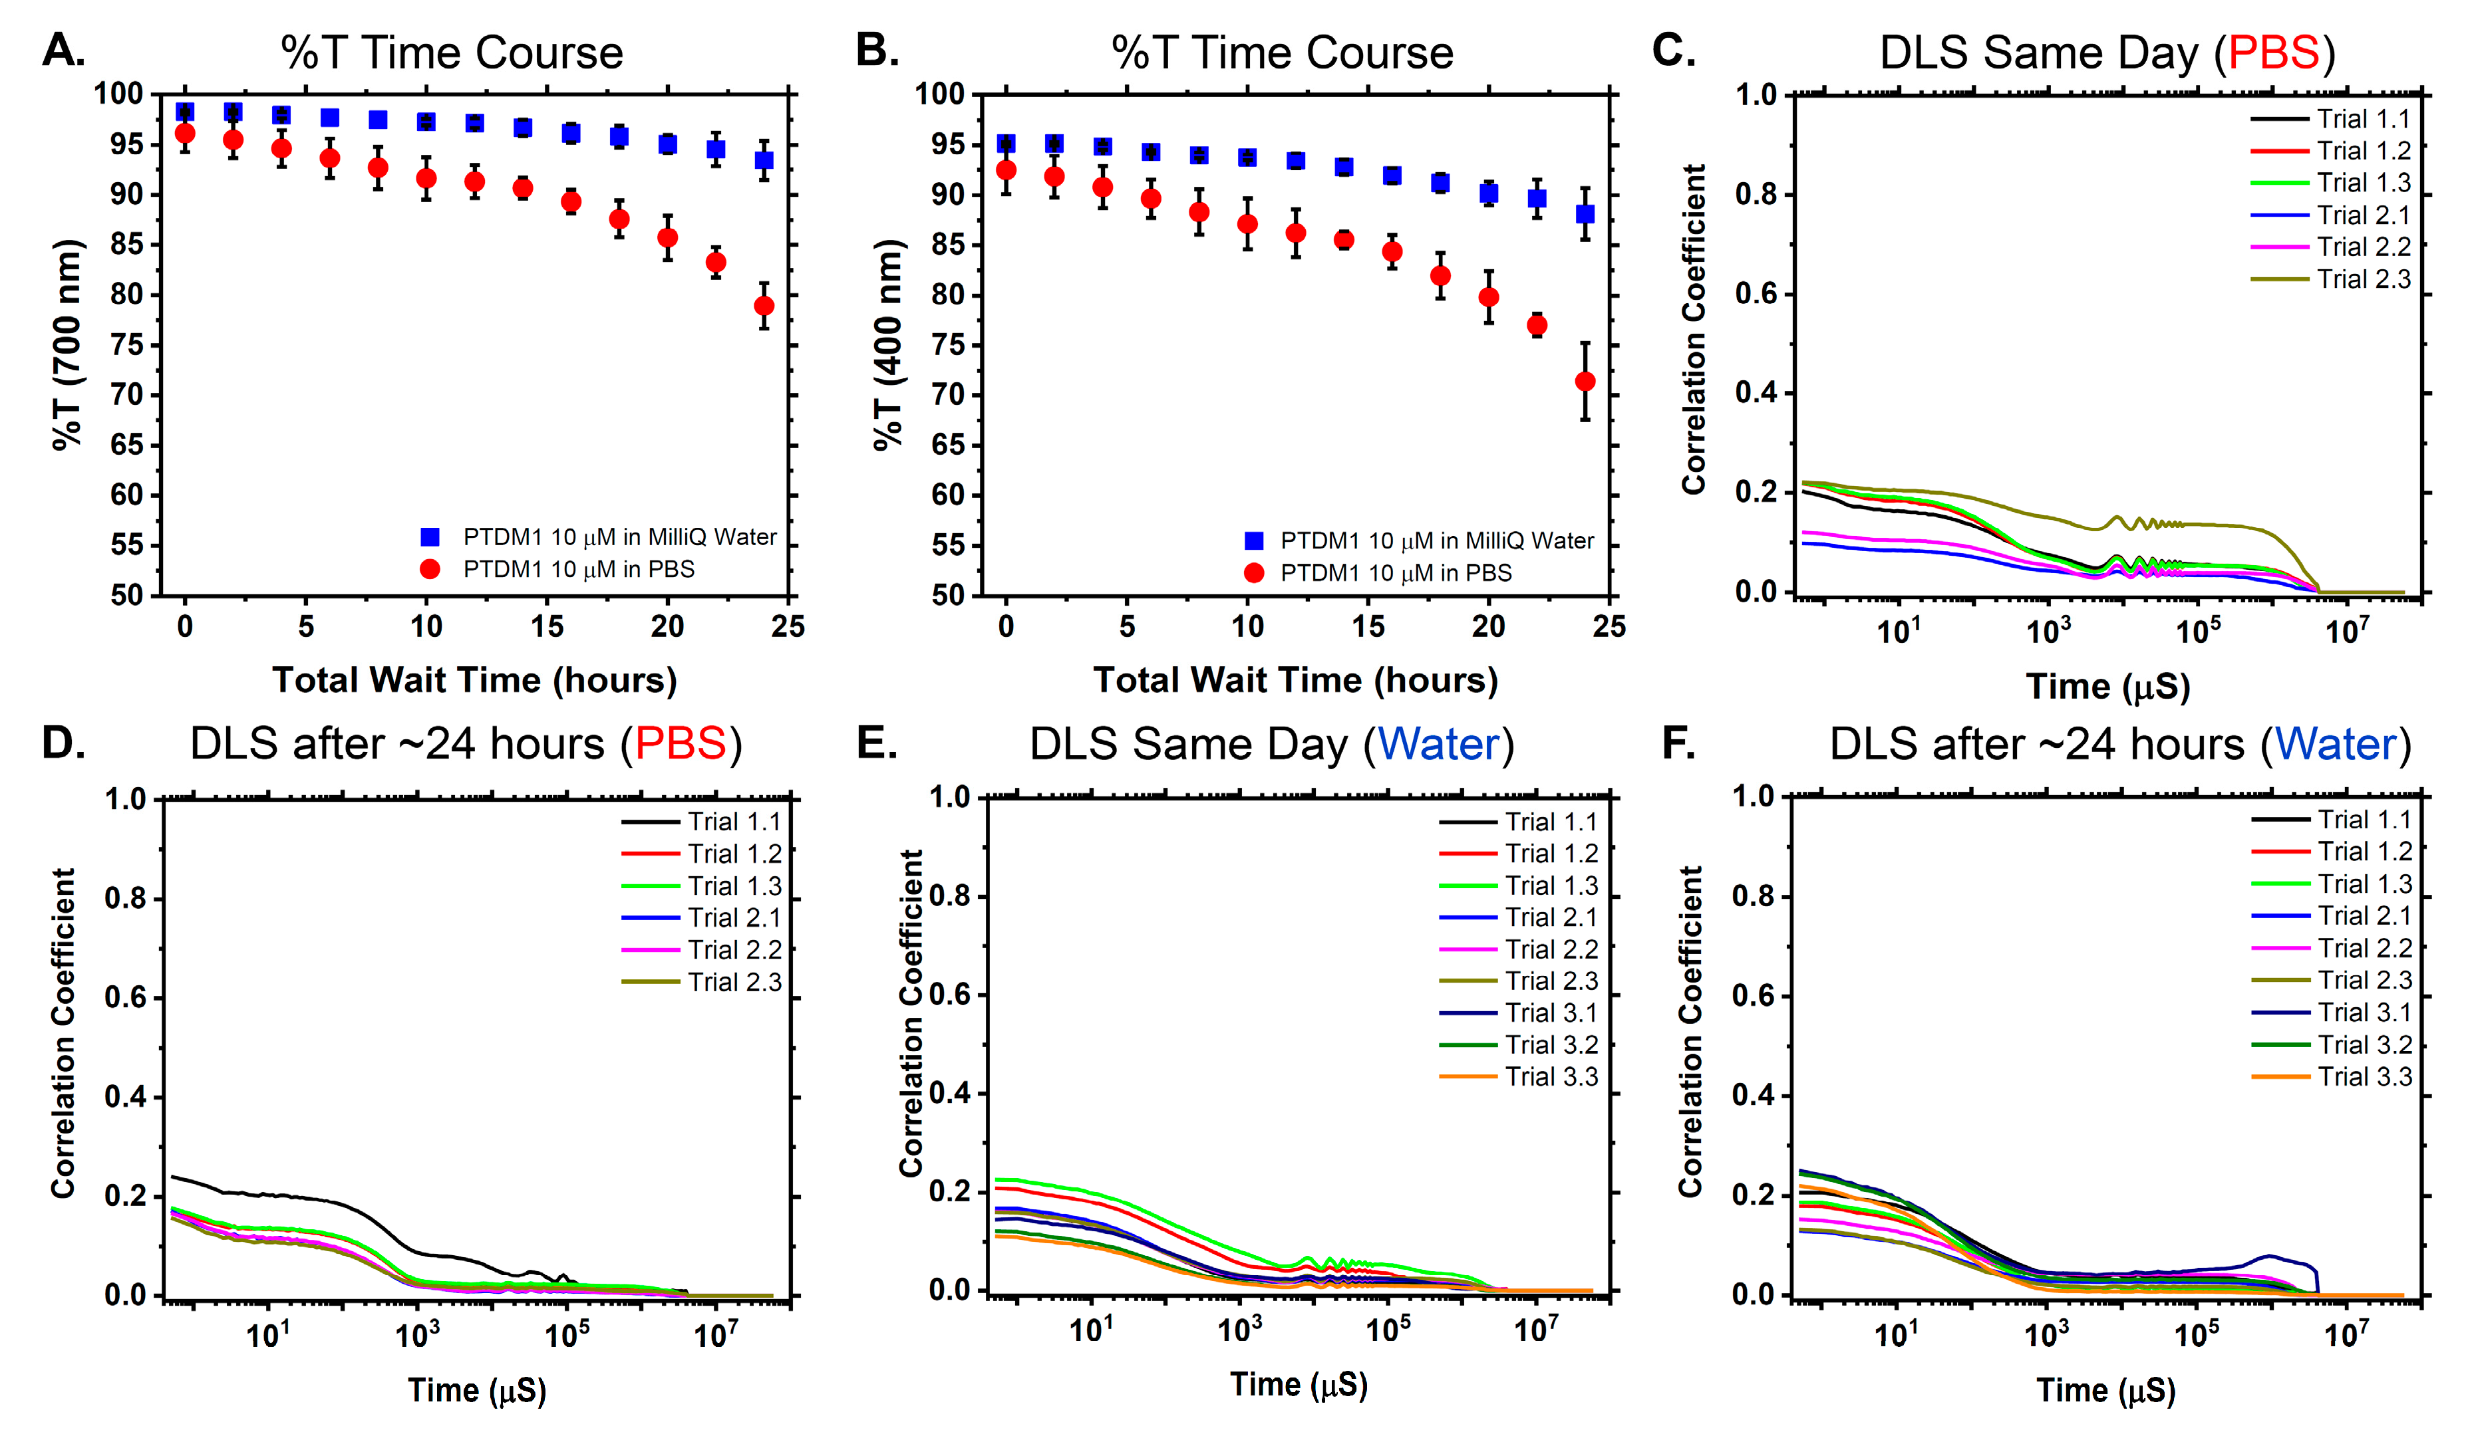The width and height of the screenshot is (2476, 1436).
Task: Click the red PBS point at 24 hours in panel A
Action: click(764, 306)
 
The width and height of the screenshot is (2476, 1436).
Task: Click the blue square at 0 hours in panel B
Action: click(1005, 144)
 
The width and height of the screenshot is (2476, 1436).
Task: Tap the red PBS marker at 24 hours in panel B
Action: click(1584, 381)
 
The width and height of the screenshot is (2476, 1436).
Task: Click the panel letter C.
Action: click(1673, 51)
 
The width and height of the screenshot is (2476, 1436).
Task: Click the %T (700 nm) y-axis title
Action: click(67, 344)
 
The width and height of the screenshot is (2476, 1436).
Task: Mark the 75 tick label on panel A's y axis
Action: click(127, 345)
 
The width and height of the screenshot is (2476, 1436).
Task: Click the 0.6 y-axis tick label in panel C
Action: click(1756, 294)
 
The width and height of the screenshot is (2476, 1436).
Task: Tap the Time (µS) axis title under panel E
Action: click(1298, 1385)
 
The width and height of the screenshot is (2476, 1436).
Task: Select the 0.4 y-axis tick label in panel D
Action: click(126, 1097)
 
